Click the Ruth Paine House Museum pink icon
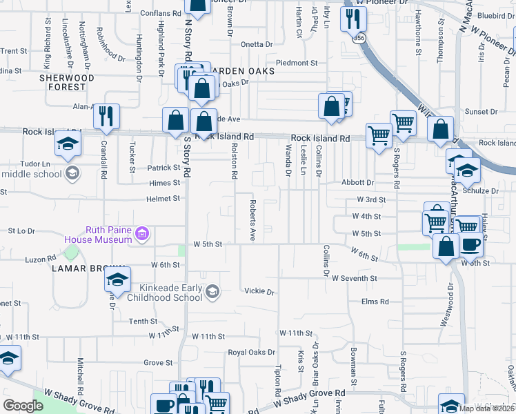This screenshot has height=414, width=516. click(x=141, y=234)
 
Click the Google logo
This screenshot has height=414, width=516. click(x=23, y=406)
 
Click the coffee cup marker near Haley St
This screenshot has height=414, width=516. click(x=471, y=245)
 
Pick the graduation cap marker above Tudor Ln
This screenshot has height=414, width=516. click(x=68, y=143)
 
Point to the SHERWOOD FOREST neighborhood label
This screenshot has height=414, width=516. click(x=67, y=83)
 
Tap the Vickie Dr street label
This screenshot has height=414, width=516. click(x=259, y=291)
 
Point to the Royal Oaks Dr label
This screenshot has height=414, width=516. click(x=252, y=353)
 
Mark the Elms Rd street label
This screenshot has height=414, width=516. click(x=375, y=302)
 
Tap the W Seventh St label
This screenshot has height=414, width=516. click(x=354, y=278)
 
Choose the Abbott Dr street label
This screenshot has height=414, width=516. click(x=357, y=183)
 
